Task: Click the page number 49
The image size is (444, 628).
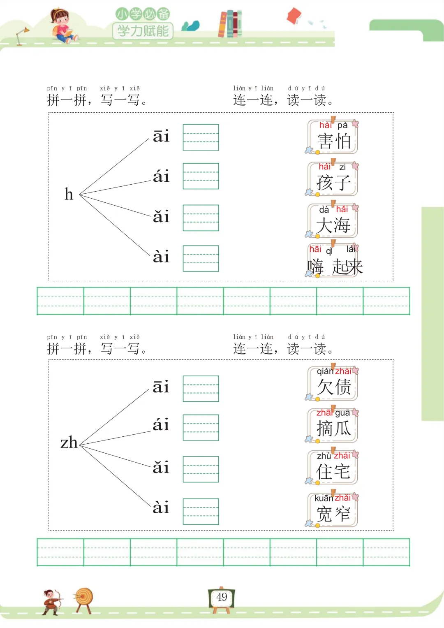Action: (222, 597)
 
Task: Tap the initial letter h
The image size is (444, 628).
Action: (69, 194)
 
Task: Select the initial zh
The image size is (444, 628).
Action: (69, 443)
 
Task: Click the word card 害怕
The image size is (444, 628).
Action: (333, 137)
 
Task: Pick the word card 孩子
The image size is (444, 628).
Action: (333, 179)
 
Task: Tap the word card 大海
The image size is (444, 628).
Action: (333, 221)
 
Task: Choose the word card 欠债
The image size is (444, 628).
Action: (333, 383)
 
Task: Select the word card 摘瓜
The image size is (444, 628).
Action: (333, 425)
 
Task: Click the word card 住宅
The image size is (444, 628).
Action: (333, 468)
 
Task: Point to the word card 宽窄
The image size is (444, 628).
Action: (333, 510)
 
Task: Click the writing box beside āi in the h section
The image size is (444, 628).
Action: (201, 137)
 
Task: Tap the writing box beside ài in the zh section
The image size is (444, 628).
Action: (201, 511)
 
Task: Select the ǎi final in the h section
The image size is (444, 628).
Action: (161, 216)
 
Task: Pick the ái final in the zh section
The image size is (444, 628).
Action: (161, 424)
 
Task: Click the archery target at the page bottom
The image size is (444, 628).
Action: (84, 598)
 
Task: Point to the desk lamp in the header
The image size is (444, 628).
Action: (21, 35)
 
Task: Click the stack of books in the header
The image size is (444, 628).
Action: (230, 24)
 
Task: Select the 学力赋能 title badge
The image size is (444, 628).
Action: (143, 31)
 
